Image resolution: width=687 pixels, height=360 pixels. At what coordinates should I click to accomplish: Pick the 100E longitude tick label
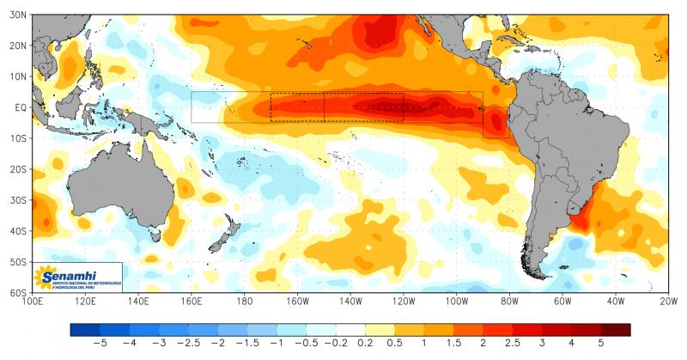point(33,301)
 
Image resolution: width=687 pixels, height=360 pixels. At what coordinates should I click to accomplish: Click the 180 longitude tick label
point(244,301)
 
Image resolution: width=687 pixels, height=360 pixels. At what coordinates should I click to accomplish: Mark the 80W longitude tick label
point(508,301)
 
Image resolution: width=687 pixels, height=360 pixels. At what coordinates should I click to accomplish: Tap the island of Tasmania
point(155,233)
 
